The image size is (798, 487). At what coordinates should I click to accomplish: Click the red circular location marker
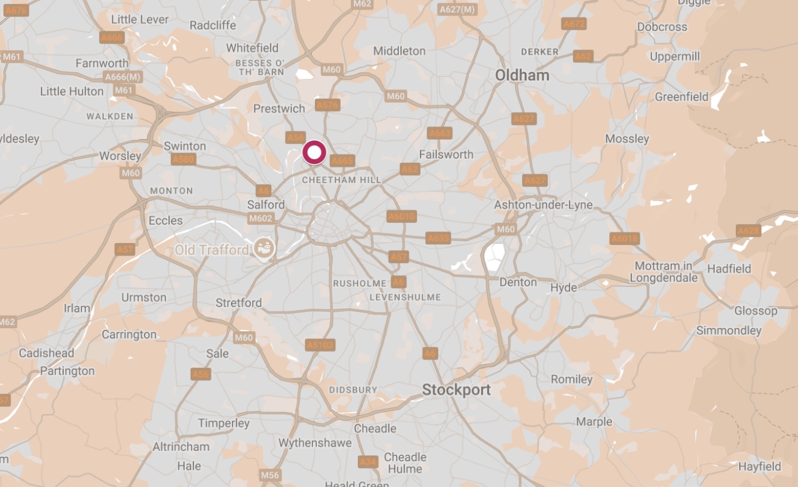point(314,152)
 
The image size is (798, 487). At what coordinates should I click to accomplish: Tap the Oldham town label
point(522,75)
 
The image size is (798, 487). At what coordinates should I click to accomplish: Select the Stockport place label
point(456,390)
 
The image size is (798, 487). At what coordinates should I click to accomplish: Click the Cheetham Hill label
point(342,180)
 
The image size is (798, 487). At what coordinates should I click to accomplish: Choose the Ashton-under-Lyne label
point(543,205)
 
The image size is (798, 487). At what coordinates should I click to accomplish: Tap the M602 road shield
point(260,218)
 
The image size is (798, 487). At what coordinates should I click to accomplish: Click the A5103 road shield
point(320,345)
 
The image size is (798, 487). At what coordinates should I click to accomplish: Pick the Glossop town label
point(756,311)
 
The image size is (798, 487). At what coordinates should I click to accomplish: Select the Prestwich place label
point(279,108)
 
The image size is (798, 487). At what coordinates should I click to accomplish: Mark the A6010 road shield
point(402,216)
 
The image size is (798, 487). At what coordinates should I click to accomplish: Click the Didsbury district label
point(353,390)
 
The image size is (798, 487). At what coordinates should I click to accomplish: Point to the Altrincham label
point(181,447)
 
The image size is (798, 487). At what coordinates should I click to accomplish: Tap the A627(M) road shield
point(457,9)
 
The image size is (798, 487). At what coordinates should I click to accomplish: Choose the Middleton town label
point(399,51)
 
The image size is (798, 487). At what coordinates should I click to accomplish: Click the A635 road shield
point(438,239)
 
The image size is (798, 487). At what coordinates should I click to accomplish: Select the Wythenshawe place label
point(315,443)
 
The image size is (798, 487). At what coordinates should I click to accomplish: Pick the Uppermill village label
point(675,57)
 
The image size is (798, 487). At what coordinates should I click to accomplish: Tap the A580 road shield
point(183,159)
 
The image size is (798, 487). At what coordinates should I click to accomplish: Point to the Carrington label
point(129,334)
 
